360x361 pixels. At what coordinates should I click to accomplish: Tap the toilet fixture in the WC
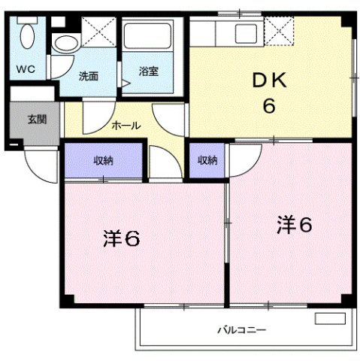coord(29,38)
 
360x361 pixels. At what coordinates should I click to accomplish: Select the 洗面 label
coord(88,75)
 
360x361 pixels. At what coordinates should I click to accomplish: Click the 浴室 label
coord(148,72)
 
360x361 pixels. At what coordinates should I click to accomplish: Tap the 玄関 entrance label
coord(36,118)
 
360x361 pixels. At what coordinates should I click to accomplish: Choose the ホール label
coord(126,126)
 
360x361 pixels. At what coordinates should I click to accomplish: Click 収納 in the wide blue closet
coord(103,159)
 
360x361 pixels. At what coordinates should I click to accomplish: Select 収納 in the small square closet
coord(207,159)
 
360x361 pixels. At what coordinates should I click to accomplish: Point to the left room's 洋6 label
coord(120,239)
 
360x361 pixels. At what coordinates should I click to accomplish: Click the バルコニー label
coord(242,329)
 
